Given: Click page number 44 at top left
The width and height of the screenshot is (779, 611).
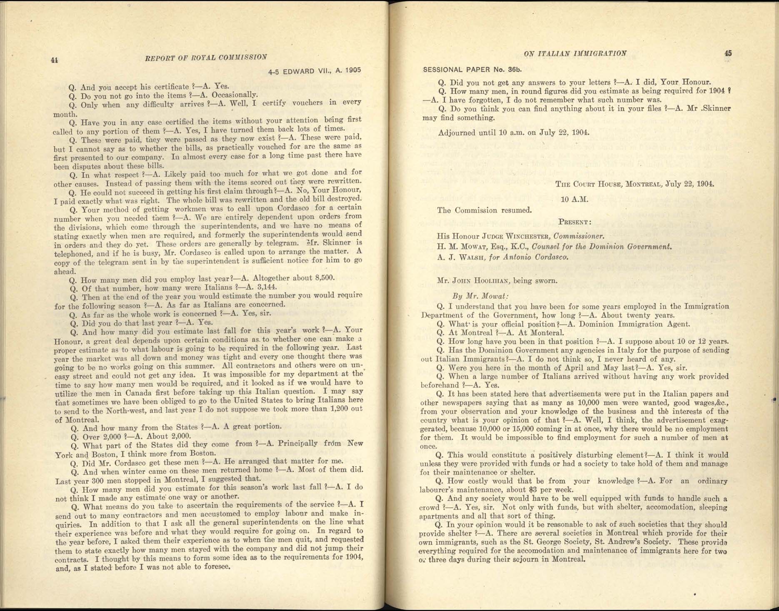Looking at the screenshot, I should (x=54, y=60).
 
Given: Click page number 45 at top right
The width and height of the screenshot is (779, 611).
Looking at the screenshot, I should (x=728, y=53).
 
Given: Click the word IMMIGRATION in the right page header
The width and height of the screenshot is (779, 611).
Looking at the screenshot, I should (x=600, y=53).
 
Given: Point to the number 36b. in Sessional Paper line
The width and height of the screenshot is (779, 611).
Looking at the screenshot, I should (x=512, y=70).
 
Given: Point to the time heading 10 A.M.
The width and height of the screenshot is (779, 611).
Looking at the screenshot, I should (x=574, y=199).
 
